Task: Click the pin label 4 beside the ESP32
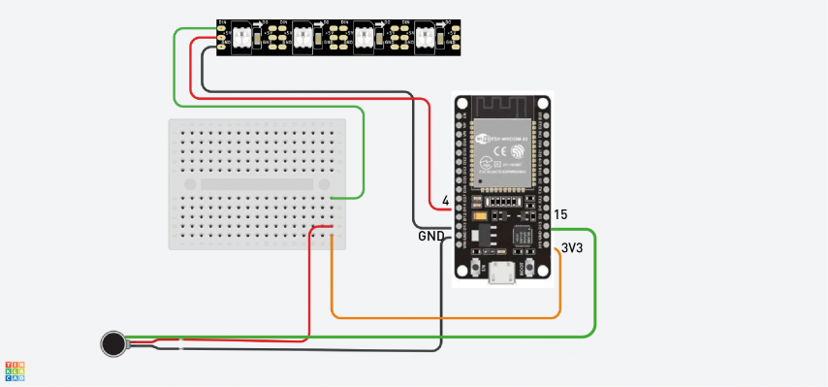pos(445,202)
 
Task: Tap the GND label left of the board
pos(431,236)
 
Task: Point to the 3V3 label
pos(572,248)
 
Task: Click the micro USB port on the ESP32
pos(502,274)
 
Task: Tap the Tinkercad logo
pos(16,369)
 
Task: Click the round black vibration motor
pos(114,342)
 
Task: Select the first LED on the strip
pos(242,36)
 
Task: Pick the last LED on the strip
pos(425,36)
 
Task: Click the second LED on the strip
pos(303,36)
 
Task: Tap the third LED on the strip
pos(364,36)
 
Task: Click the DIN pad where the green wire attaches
pos(224,28)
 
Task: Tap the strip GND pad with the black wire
pos(224,45)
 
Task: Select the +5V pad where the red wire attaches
pos(224,37)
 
